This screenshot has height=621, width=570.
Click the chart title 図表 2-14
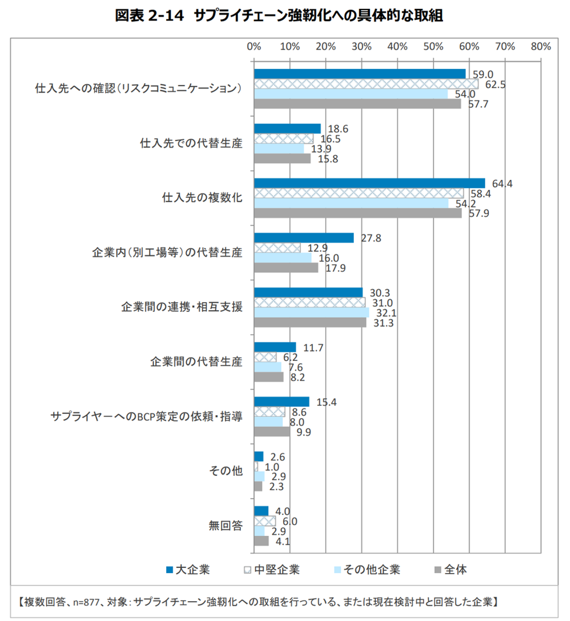150,15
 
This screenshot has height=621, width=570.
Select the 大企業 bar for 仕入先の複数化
370,183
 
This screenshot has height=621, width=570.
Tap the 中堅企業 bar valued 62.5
366,84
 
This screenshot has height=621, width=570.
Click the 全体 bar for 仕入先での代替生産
282,159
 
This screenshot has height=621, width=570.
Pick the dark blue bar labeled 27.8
304,238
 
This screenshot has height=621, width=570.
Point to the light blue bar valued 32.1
312,313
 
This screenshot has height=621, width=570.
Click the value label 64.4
502,183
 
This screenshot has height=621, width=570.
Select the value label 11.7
313,348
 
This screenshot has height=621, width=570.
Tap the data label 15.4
326,402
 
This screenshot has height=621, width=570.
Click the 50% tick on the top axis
433,47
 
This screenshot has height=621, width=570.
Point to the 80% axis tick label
541,47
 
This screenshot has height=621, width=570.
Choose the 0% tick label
254,47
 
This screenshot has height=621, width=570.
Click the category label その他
226,471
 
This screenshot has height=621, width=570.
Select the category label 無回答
226,525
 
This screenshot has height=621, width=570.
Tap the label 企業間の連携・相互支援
182,307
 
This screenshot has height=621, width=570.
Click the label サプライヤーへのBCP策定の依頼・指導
146,416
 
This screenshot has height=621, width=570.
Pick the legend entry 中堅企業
272,570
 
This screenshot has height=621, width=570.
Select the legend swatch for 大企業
170,570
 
